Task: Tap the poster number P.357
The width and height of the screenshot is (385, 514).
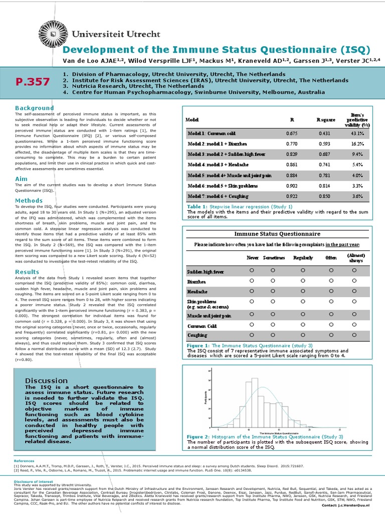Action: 33,82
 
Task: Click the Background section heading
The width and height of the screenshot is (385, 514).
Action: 34,108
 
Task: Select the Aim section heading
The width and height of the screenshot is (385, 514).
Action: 21,179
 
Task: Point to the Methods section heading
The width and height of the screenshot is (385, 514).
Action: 29,201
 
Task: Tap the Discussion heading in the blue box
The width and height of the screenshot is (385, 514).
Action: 46,380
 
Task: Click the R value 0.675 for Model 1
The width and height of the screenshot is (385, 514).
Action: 292,134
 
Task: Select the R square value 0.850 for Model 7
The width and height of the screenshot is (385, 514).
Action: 324,196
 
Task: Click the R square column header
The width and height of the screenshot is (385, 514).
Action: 325,120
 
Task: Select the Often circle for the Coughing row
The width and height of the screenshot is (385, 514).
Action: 331,334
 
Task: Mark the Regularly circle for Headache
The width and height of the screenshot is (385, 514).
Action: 302,291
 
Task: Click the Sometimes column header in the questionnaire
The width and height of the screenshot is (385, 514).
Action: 273,258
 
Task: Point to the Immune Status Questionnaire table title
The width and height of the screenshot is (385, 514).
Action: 278,234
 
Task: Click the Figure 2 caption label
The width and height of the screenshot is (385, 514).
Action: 199,437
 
